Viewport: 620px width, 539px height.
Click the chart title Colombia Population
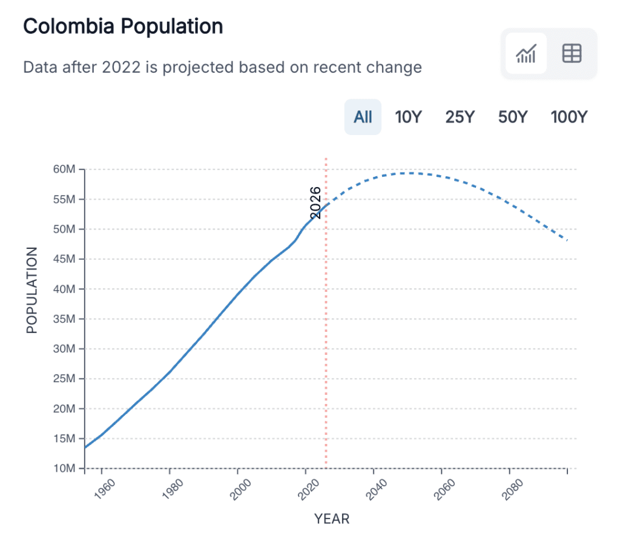coord(123,27)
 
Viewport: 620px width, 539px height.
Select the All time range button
coord(363,117)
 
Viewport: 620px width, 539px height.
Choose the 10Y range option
coord(407,117)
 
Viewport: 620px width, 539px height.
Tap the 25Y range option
coord(460,117)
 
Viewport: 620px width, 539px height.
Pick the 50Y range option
coord(513,117)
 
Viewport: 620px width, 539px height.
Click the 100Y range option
coord(569,117)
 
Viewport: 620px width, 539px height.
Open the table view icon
coord(572,54)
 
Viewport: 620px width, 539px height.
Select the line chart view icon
coord(526,54)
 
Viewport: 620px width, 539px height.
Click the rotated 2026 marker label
coord(315,202)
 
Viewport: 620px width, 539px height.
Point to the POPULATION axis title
coord(32,289)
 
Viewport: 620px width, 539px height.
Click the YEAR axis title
coord(331,519)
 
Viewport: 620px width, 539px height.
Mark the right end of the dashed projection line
coord(567,240)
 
